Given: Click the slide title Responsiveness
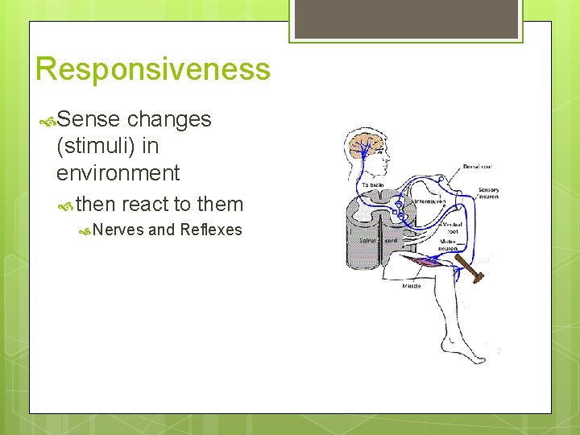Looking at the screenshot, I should tap(153, 69).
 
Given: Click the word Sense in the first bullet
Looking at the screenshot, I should tap(89, 119).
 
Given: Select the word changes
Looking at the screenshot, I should tap(169, 119).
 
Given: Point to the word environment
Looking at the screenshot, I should tap(118, 172).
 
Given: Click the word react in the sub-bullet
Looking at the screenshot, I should tap(146, 204).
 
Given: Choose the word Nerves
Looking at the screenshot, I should tap(118, 230).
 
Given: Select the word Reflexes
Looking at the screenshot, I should tap(211, 230).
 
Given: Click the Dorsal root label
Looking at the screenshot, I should tap(478, 168).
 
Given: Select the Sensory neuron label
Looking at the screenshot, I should tap(488, 194).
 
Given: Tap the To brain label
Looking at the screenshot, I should tap(372, 184).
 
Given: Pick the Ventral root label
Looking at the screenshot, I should tap(452, 228).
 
